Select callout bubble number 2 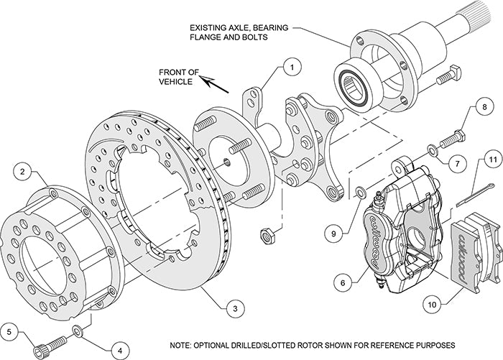[22, 172]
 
